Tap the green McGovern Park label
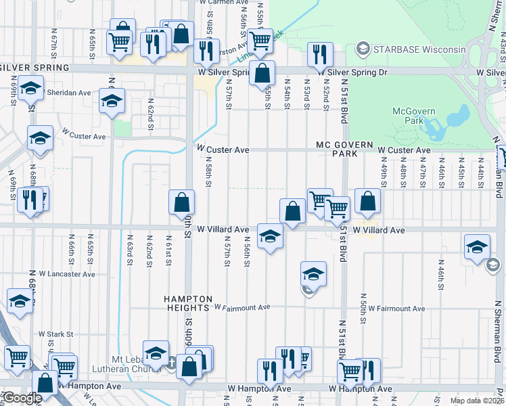414,116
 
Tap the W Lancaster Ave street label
67,274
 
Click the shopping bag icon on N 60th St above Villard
182,202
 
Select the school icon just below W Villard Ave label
270,235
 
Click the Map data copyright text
476,401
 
